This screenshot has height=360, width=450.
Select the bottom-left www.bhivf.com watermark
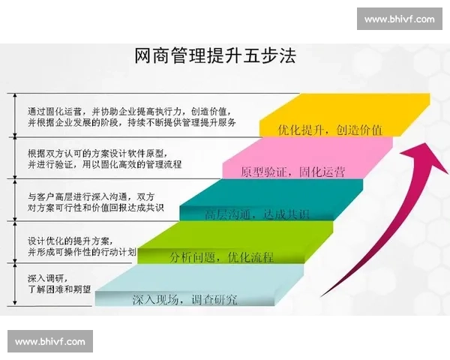click(50, 342)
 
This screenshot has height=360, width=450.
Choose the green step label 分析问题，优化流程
click(222, 257)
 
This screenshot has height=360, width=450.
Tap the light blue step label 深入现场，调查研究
click(184, 299)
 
